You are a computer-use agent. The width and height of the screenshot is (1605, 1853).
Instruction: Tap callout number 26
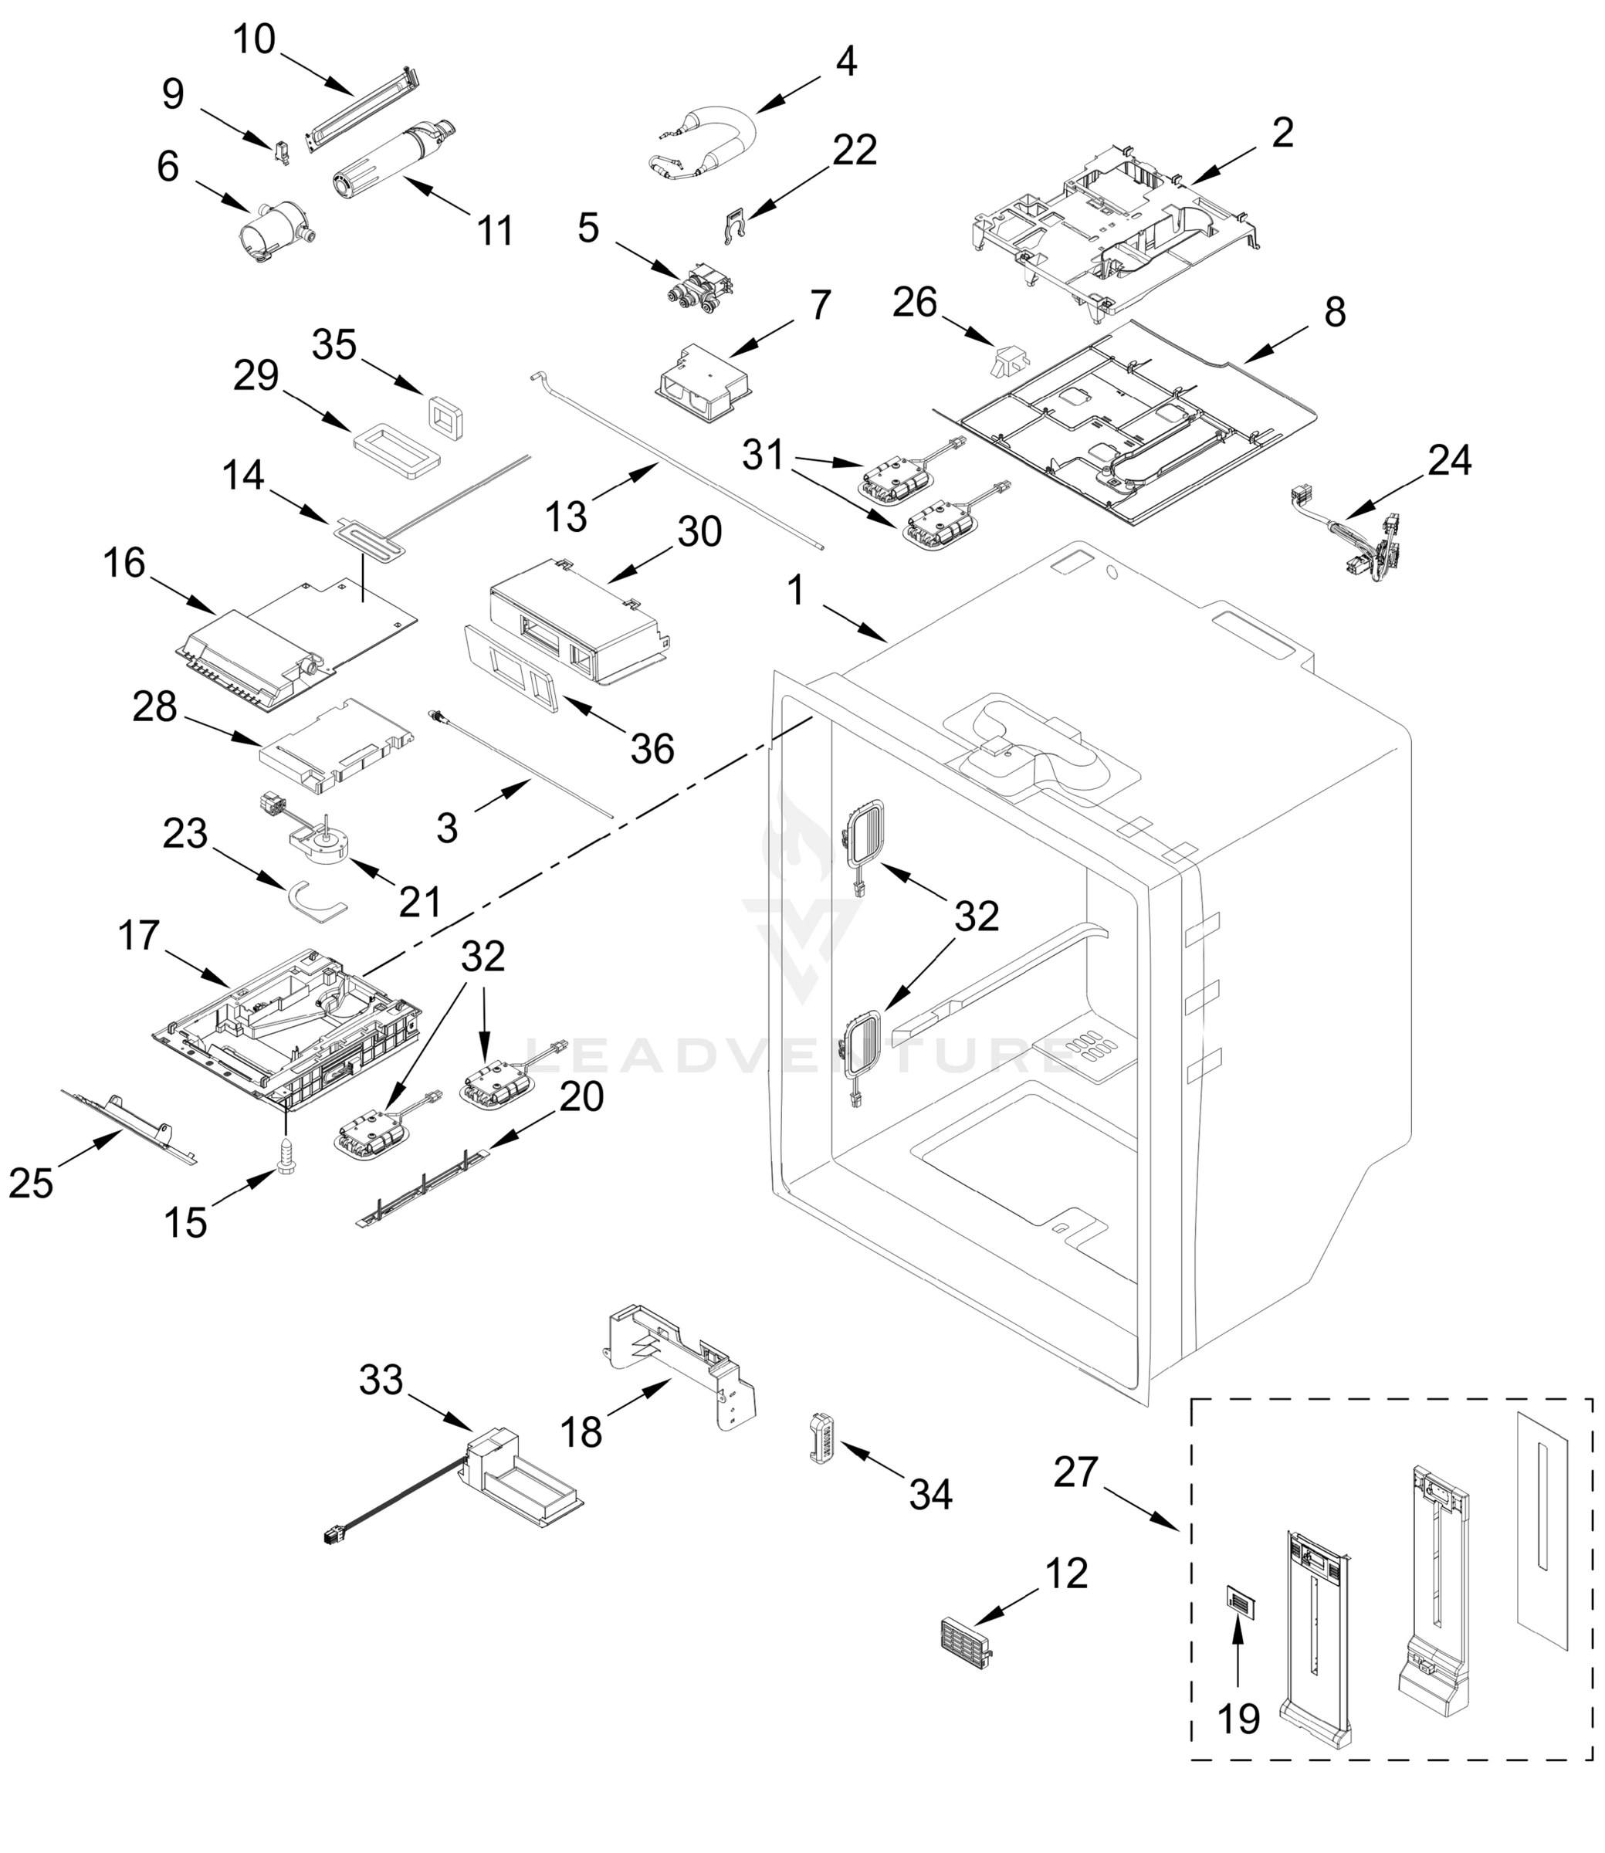click(x=915, y=303)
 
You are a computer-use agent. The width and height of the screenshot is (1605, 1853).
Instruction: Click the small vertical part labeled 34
click(x=821, y=1438)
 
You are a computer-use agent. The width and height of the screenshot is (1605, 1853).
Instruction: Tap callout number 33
click(x=381, y=1380)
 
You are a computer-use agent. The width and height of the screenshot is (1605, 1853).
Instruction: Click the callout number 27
click(x=1075, y=1472)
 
